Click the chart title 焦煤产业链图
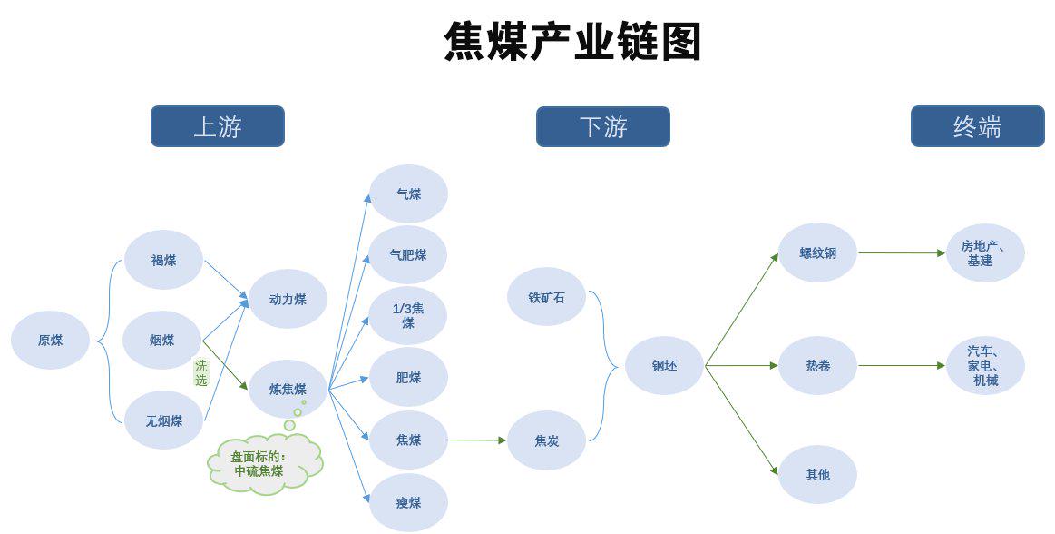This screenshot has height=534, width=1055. tap(572, 42)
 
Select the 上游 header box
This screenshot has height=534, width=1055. tap(218, 126)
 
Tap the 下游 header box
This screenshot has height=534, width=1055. tap(603, 126)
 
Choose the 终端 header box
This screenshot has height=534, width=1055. tap(978, 126)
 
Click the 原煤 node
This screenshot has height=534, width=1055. tap(51, 340)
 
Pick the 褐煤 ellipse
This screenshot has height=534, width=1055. tap(163, 260)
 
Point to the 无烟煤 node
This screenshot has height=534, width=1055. tap(163, 420)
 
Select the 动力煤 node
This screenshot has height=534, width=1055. tap(288, 299)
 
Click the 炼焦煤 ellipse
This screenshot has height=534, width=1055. tap(288, 389)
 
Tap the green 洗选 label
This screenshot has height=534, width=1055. tap(201, 372)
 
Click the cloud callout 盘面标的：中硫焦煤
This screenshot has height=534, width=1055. tap(265, 464)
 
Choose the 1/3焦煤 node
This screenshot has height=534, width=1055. tap(408, 316)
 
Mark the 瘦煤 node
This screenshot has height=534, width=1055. tap(408, 502)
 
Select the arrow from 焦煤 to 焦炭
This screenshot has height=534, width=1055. tap(478, 440)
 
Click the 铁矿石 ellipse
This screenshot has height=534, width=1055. tap(546, 297)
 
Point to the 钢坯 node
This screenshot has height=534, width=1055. tap(664, 366)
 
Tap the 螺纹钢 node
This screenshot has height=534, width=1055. tap(817, 253)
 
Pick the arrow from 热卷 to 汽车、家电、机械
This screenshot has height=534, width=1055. tap(903, 366)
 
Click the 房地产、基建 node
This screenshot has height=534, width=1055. tap(985, 253)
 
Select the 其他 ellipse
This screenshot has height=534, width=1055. tap(817, 475)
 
